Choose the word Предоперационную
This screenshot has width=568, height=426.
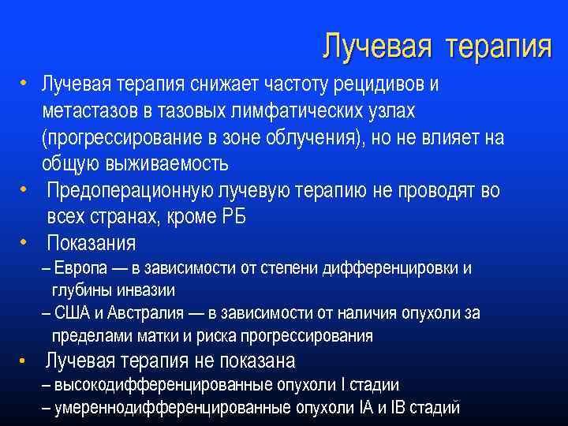(125, 191)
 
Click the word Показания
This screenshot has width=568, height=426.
(91, 243)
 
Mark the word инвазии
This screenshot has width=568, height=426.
(147, 290)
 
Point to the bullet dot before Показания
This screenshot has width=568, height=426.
(26, 241)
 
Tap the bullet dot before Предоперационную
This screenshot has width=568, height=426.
(26, 189)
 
